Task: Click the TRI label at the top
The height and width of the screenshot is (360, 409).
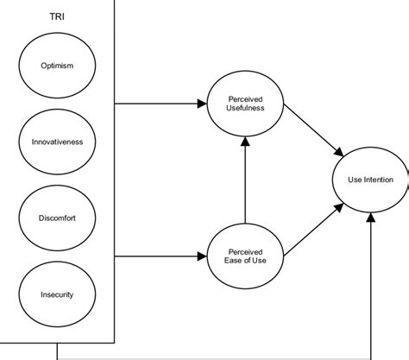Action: (57, 16)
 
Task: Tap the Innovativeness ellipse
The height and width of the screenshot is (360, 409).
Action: (57, 141)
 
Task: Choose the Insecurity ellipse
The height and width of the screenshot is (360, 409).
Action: (57, 294)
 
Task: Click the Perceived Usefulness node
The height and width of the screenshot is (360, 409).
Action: (245, 104)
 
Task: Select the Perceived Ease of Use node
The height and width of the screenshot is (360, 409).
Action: (245, 256)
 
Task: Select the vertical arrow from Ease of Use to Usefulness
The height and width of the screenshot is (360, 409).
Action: (245, 181)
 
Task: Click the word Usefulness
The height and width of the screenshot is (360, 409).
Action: (245, 110)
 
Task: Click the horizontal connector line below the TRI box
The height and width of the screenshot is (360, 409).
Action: (216, 357)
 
